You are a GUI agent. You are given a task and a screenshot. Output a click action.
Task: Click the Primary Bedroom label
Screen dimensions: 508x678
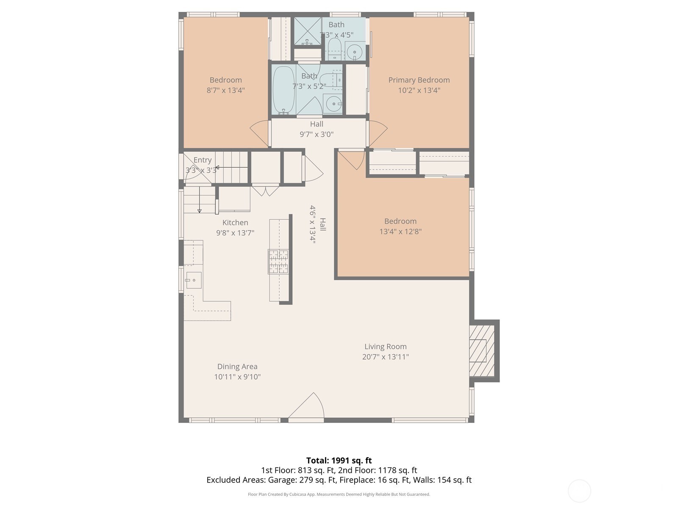[419, 80]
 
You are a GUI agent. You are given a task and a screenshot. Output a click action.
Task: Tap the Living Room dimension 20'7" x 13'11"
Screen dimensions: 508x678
[385, 357]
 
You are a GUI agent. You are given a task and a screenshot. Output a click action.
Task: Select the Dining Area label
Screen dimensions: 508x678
[237, 367]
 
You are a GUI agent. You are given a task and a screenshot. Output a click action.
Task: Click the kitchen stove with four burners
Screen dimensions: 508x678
[278, 261]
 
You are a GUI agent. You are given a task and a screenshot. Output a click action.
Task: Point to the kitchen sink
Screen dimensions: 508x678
[194, 280]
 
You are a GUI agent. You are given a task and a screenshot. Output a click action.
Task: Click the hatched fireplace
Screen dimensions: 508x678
[482, 351]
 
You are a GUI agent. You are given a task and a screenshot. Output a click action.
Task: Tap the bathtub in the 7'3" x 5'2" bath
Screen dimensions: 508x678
[283, 90]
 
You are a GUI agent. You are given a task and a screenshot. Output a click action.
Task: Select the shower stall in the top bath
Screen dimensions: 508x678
[308, 31]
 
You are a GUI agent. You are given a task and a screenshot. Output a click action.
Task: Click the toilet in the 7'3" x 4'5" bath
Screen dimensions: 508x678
[334, 50]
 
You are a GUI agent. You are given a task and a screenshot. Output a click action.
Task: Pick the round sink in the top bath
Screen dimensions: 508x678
[354, 52]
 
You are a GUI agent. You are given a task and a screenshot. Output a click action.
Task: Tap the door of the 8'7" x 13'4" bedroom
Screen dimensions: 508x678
[260, 133]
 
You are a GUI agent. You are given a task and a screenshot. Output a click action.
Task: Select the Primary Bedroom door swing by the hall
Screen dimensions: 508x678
[378, 133]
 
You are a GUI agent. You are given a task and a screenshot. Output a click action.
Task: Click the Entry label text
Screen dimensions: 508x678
[202, 160]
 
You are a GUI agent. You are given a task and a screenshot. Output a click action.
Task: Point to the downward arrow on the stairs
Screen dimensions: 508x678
[199, 205]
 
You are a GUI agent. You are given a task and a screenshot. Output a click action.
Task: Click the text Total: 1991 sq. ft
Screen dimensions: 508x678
[339, 460]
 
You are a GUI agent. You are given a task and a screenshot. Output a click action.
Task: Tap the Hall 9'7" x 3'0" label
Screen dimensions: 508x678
[316, 129]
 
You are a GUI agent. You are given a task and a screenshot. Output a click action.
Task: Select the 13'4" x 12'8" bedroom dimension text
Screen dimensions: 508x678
[400, 232]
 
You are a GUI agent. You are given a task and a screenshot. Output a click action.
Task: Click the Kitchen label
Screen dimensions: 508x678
[235, 223]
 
